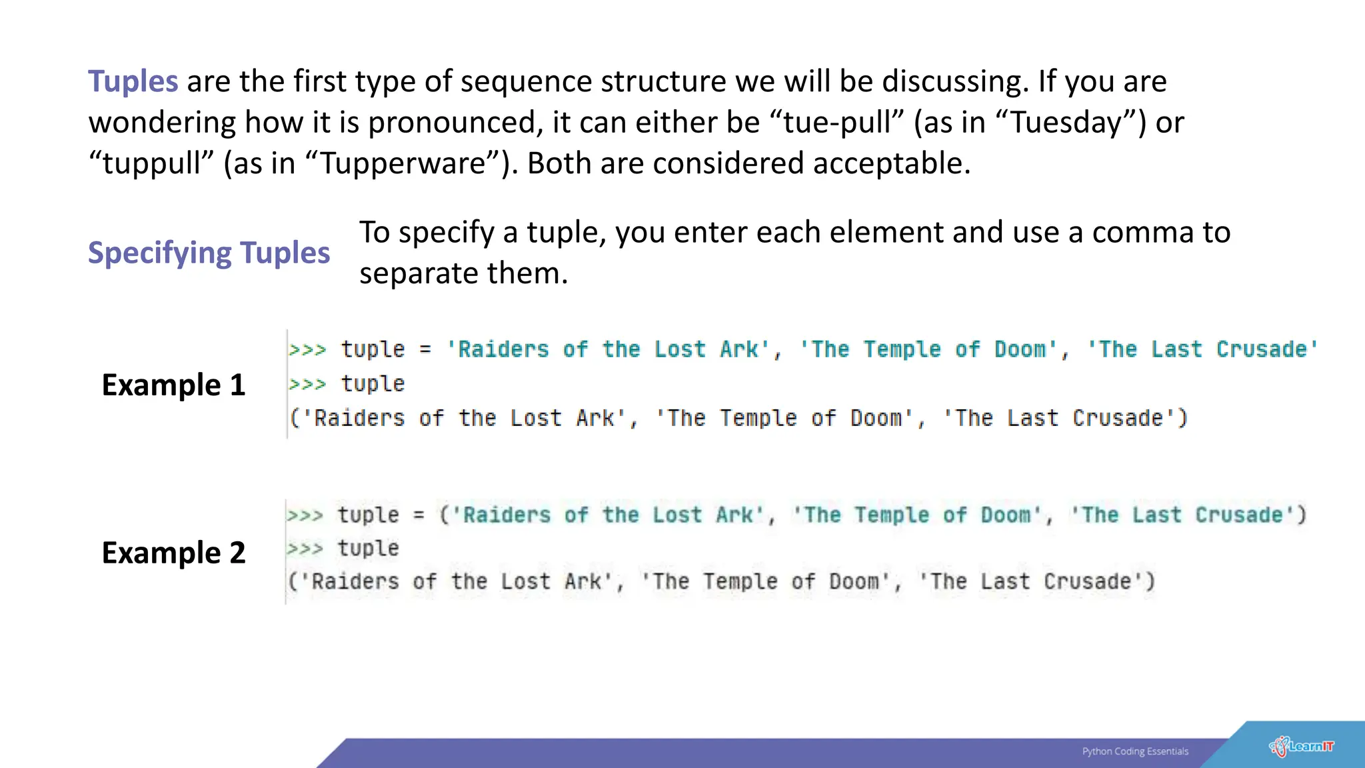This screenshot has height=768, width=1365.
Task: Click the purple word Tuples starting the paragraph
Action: pyautogui.click(x=133, y=81)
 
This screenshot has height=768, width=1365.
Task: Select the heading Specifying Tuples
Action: pyautogui.click(x=209, y=253)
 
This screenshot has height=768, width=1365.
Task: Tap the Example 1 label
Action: pyautogui.click(x=173, y=385)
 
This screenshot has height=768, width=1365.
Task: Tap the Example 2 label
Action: pyautogui.click(x=173, y=553)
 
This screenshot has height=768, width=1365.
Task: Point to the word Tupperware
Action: pyautogui.click(x=403, y=164)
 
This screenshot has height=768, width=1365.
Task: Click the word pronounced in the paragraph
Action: pyautogui.click(x=452, y=123)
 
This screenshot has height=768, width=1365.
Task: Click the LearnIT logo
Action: pyautogui.click(x=1302, y=746)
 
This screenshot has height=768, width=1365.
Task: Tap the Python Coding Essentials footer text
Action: pyautogui.click(x=1135, y=751)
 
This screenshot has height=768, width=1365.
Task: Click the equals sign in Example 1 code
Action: pyautogui.click(x=425, y=349)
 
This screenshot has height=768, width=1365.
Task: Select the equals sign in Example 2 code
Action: pyautogui.click(x=419, y=515)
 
